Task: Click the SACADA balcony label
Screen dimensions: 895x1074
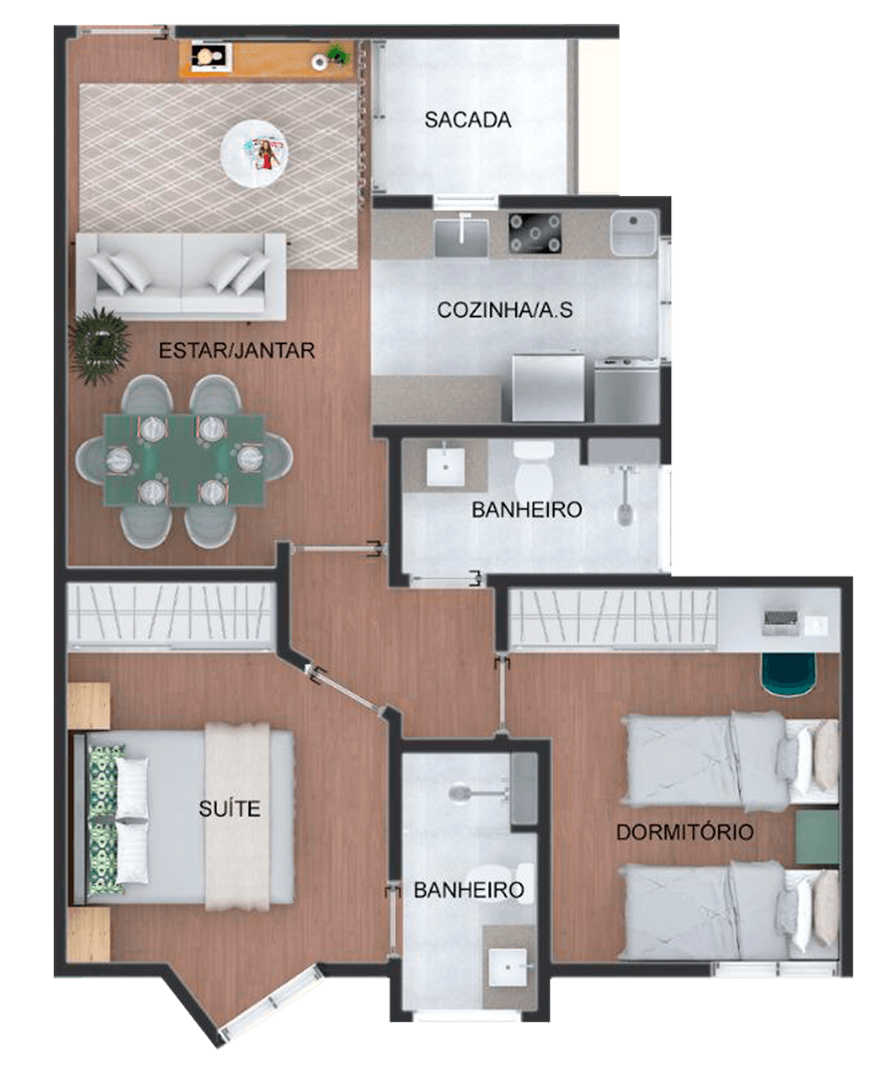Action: point(467,120)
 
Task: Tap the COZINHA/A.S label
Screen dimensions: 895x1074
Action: point(504,310)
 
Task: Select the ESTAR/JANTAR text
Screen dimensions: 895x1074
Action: point(237,351)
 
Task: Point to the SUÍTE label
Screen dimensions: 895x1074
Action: point(230,808)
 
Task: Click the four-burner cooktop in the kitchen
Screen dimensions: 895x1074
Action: point(535,234)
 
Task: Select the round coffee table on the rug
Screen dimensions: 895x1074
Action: point(254,154)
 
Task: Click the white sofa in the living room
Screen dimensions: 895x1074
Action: point(181,276)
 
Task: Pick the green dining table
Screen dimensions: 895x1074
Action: point(184,459)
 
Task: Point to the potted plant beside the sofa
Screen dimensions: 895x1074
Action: point(100,346)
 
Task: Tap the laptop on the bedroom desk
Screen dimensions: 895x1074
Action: point(782,620)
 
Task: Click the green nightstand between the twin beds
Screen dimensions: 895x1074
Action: point(816,837)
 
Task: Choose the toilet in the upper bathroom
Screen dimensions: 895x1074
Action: point(533,466)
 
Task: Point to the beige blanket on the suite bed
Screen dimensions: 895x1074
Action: point(238,816)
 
